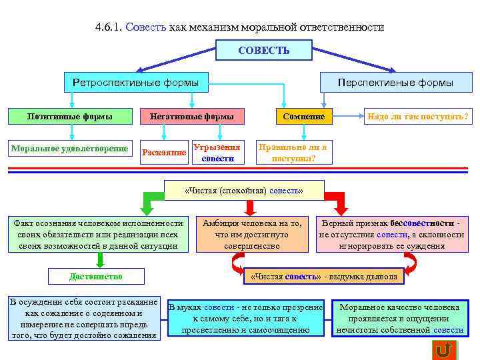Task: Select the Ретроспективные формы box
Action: pyautogui.click(x=135, y=83)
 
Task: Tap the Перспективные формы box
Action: pyautogui.click(x=395, y=83)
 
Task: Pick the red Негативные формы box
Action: pyautogui.click(x=191, y=117)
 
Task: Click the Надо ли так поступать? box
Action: pyautogui.click(x=417, y=117)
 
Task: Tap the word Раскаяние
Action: pyautogui.click(x=164, y=152)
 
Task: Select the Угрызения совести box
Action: pyautogui.click(x=217, y=152)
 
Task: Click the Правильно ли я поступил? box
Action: pyautogui.click(x=293, y=153)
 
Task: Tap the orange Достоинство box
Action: pyautogui.click(x=96, y=276)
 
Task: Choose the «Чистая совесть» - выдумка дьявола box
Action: pyautogui.click(x=323, y=276)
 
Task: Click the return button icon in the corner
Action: pyautogui.click(x=443, y=349)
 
